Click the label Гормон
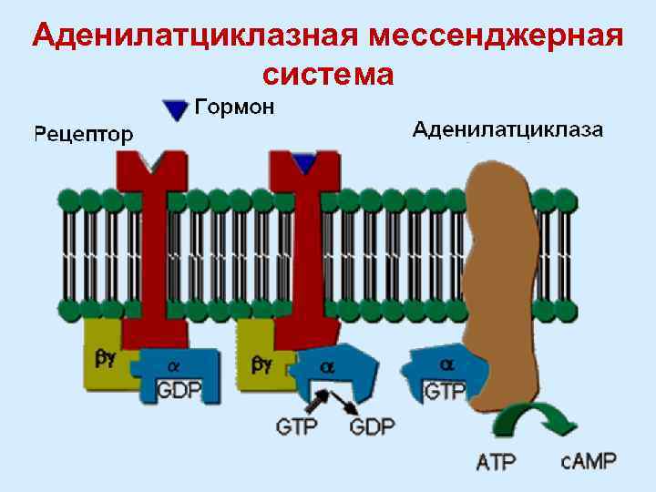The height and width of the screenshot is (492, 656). coord(234,108)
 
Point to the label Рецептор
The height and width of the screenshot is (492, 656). coord(83,134)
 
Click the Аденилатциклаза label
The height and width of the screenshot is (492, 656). coord(507,128)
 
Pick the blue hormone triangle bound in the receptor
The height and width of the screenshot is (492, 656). coord(304,163)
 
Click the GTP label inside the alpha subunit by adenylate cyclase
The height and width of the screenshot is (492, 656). coord(446,391)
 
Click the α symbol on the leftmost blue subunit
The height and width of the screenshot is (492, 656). coord(174,366)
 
